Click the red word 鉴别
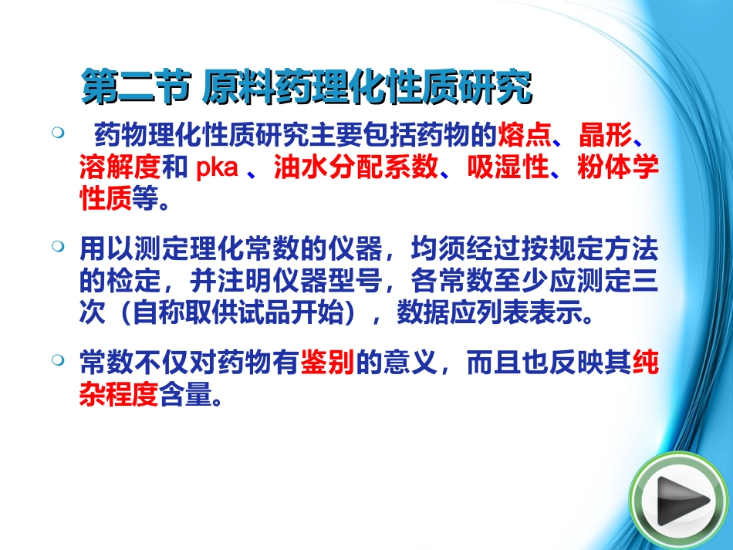pos(326,362)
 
